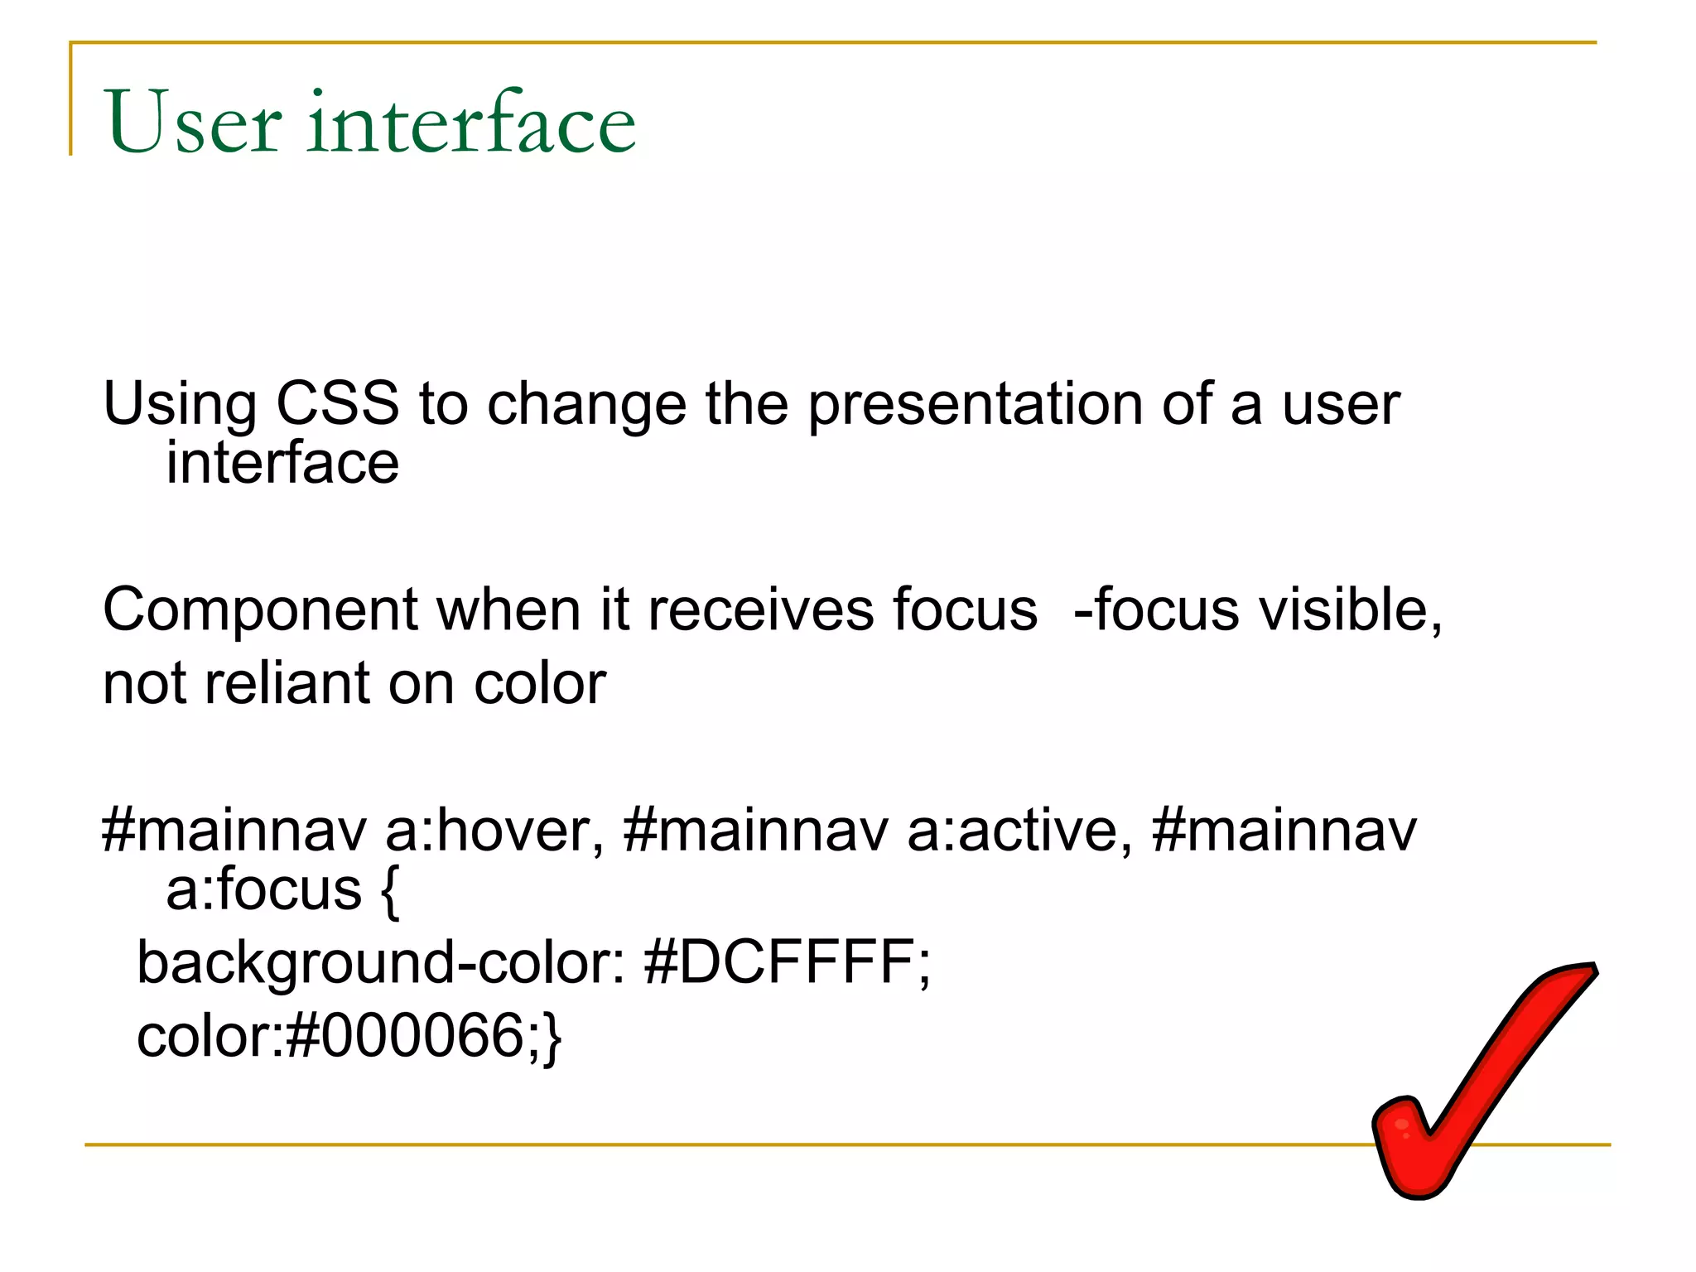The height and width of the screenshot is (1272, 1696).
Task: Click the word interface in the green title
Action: [471, 123]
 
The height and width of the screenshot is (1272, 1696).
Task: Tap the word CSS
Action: [337, 404]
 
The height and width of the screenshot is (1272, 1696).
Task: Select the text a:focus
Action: [263, 889]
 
